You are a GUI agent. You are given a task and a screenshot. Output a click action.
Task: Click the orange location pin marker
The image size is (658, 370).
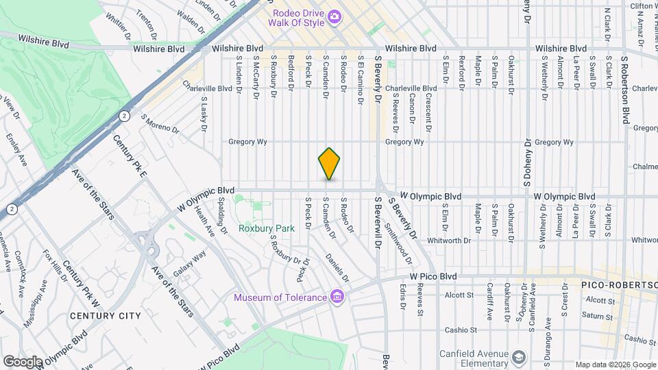[330, 164]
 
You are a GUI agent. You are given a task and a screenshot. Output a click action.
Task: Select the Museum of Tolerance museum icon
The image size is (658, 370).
[337, 297]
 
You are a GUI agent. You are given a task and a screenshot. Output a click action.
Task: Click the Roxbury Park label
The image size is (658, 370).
[266, 228]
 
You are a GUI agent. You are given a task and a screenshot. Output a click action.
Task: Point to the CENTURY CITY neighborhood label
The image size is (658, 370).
[105, 316]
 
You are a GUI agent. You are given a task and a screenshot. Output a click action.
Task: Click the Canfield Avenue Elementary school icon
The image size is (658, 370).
[519, 356]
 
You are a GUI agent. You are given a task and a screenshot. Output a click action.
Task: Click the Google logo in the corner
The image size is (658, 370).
[22, 361]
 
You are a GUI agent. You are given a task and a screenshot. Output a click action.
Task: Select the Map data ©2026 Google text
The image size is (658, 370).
[615, 364]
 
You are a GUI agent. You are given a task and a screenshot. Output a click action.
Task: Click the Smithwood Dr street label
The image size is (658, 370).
[398, 244]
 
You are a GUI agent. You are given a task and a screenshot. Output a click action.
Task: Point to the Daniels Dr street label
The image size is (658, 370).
[337, 269]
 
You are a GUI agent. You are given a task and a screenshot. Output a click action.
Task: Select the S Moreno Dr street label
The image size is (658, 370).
[160, 124]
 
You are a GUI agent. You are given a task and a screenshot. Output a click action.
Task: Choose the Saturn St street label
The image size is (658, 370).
[599, 317]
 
